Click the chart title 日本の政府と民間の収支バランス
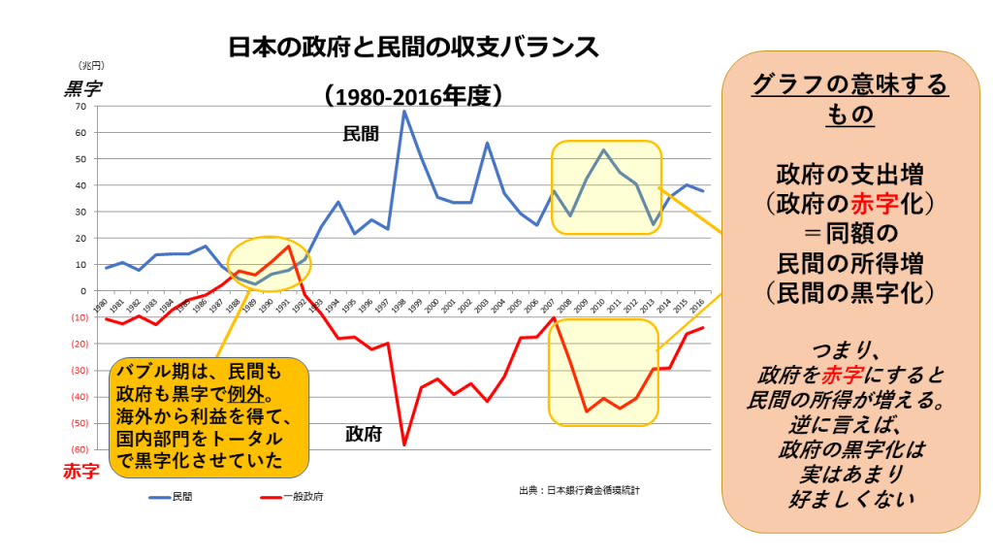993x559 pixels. pos(407,47)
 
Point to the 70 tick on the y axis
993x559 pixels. pos(80,106)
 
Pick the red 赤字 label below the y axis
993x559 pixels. pos(81,473)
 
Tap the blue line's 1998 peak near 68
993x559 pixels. pos(403,112)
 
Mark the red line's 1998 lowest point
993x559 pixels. pos(403,444)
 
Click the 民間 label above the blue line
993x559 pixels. pos(361,135)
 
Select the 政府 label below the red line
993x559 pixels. pos(363,434)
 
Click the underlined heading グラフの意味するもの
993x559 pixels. pos(849,100)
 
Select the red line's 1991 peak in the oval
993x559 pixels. pos(289,246)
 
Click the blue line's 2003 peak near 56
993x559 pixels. pos(487,144)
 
